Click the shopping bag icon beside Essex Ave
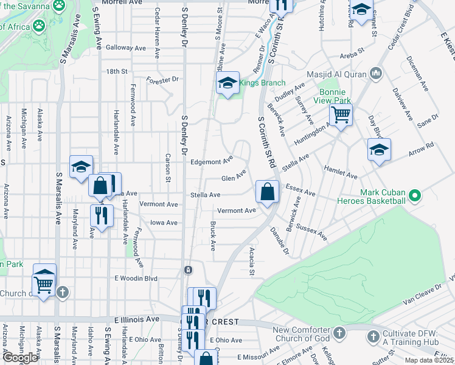267,191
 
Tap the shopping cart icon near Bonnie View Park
341,114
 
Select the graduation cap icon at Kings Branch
227,84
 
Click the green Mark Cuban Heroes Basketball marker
414,196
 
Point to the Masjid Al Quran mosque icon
375,74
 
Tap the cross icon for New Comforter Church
339,333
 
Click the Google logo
20,357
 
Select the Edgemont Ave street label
212,162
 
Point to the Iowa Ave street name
164,223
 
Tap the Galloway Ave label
126,47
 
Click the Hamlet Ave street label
341,172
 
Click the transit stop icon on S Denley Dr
189,269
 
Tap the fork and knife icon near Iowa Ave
102,215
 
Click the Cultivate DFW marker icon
371,335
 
